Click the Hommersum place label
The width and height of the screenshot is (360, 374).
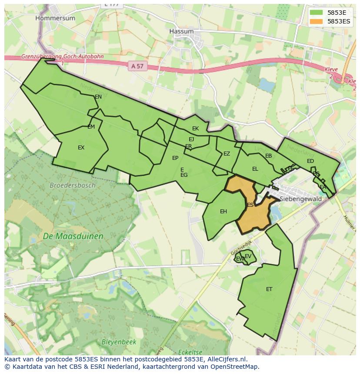[55, 18]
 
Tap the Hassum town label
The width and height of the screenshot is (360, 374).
[181, 31]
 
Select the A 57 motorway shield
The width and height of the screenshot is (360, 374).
[137, 66]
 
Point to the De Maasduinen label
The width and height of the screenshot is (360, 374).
[73, 236]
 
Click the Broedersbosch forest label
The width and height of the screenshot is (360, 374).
[72, 185]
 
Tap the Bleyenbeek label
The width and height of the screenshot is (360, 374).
[119, 342]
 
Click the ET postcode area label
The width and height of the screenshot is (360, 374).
[269, 289]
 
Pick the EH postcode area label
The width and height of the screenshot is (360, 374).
[223, 212]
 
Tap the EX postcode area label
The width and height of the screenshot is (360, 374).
[81, 148]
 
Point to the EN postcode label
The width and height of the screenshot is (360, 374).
[98, 96]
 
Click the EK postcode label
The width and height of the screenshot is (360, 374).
[195, 128]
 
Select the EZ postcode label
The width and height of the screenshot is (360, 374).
[227, 154]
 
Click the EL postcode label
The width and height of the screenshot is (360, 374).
[255, 169]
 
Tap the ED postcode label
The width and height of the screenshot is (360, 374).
[310, 161]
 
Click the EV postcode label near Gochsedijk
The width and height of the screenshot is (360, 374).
[248, 256]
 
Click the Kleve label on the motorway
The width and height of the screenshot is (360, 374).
[331, 70]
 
